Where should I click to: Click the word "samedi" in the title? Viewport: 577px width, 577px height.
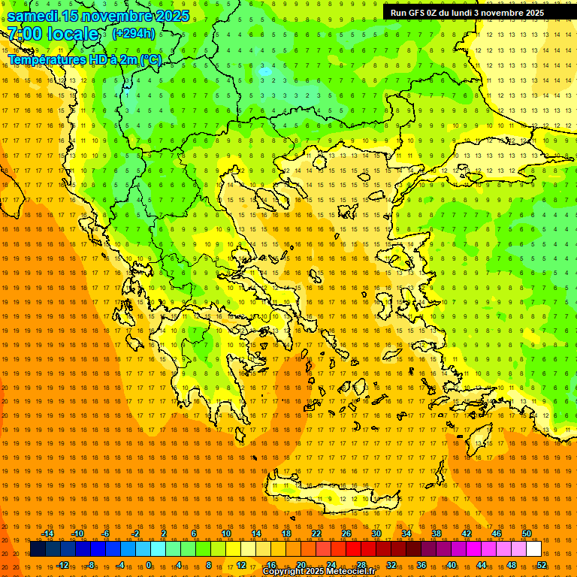[x=33, y=15]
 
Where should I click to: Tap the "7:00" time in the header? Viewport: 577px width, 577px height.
[x=24, y=34]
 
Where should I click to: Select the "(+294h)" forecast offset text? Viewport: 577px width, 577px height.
[x=133, y=34]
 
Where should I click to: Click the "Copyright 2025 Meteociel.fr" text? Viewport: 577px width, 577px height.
[x=319, y=572]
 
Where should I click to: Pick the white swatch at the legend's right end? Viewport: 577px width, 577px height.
[x=534, y=549]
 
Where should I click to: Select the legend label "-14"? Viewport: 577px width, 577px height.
[x=47, y=533]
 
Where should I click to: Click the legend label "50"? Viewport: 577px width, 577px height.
[x=527, y=533]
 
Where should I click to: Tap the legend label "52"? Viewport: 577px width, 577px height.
[x=541, y=564]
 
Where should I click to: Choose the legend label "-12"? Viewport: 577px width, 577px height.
[x=62, y=564]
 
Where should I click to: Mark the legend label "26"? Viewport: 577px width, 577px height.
[x=346, y=533]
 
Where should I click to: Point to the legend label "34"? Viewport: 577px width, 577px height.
[x=406, y=533]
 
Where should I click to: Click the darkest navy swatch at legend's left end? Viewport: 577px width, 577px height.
[x=38, y=549]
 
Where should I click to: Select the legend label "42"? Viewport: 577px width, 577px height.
[x=467, y=533]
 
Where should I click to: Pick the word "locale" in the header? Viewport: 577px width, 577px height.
[x=72, y=34]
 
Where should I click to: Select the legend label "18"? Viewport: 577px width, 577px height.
[x=286, y=533]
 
